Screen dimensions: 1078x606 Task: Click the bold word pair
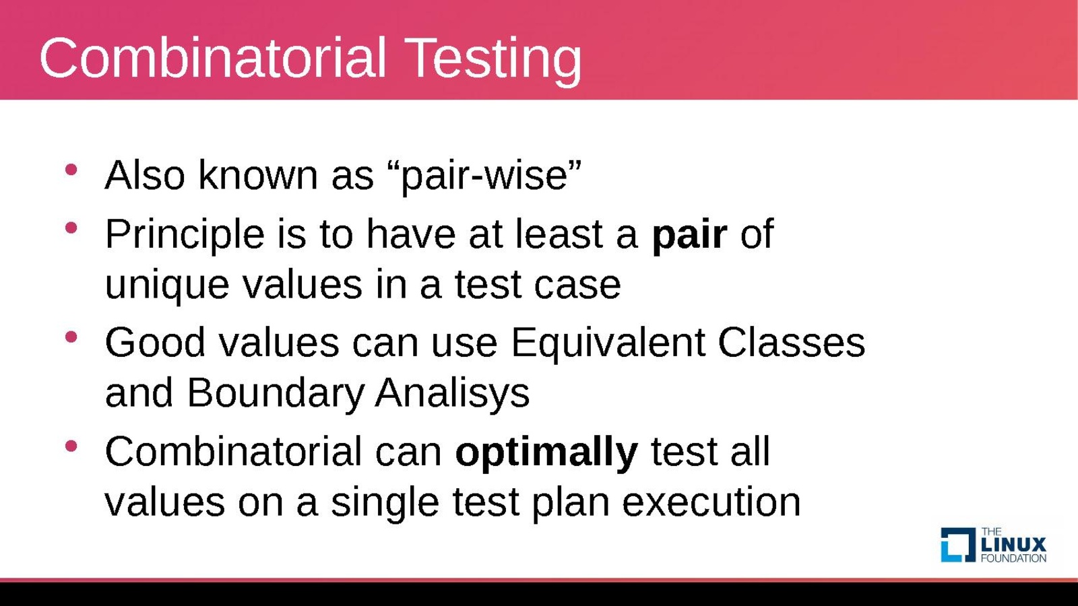pyautogui.click(x=689, y=235)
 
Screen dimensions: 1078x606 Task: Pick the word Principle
pyautogui.click(x=185, y=235)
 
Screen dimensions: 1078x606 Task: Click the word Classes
pyautogui.click(x=792, y=343)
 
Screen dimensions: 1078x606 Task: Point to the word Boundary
pyautogui.click(x=275, y=393)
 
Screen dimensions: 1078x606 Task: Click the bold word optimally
pyautogui.click(x=546, y=452)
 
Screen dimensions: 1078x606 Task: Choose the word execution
pyautogui.click(x=711, y=502)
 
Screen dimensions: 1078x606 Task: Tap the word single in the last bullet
pyautogui.click(x=385, y=503)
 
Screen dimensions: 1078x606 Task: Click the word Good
pyautogui.click(x=155, y=343)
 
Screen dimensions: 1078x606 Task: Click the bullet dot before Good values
pyautogui.click(x=71, y=337)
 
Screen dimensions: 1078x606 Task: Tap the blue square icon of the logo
pyautogui.click(x=958, y=545)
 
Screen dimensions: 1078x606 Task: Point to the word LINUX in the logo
pyautogui.click(x=1013, y=545)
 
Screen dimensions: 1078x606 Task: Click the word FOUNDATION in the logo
pyautogui.click(x=1013, y=558)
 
